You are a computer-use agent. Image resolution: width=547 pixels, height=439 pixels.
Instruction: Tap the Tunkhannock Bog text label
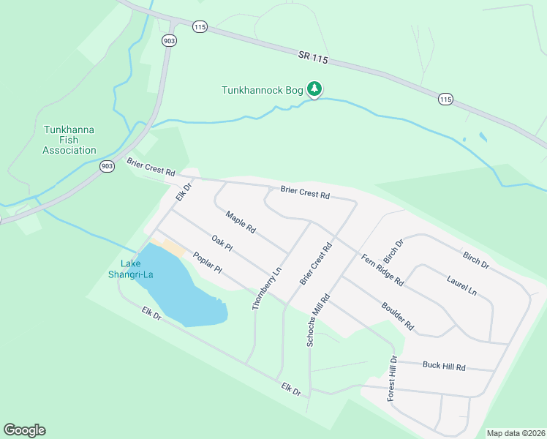click(x=263, y=90)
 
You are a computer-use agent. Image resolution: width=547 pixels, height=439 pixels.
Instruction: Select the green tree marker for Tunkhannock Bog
click(x=314, y=89)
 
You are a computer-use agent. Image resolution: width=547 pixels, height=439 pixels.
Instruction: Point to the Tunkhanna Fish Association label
click(x=69, y=140)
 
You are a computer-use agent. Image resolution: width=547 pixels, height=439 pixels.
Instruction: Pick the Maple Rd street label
click(x=241, y=222)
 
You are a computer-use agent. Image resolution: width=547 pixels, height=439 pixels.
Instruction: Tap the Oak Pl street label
click(x=222, y=243)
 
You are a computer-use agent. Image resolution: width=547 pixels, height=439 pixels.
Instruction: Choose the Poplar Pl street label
click(x=207, y=263)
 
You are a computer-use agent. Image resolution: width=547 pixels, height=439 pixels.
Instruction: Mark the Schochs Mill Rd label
click(x=319, y=320)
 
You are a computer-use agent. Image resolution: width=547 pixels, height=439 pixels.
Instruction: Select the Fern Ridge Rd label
click(x=382, y=269)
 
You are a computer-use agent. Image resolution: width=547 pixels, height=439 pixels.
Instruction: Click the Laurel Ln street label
click(x=461, y=285)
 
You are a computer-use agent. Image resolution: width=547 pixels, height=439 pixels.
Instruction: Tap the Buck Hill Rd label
click(x=443, y=366)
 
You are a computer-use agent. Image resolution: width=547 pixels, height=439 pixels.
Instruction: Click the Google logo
click(x=24, y=430)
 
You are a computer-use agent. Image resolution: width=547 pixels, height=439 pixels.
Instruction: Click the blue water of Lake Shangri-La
click(x=183, y=293)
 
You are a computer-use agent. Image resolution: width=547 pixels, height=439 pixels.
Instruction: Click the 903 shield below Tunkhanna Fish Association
click(x=107, y=167)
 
